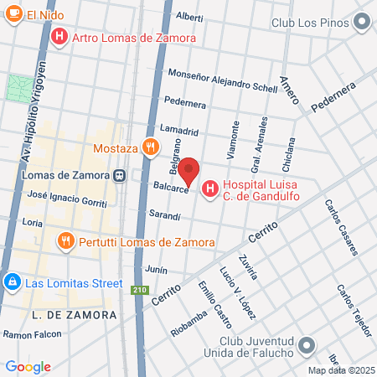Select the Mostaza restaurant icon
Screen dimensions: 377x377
point(150,147)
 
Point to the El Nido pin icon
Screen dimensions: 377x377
point(13,14)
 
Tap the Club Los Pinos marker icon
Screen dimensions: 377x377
point(361,23)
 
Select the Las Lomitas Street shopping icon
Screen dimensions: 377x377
point(12,282)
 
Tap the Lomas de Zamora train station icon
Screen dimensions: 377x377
point(121,176)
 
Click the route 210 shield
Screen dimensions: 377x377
point(137,290)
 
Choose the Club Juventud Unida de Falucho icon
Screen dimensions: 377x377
point(307,346)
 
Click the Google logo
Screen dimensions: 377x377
point(28,366)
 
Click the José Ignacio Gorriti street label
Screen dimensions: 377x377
point(68,199)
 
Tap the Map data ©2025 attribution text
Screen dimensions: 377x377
point(340,369)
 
